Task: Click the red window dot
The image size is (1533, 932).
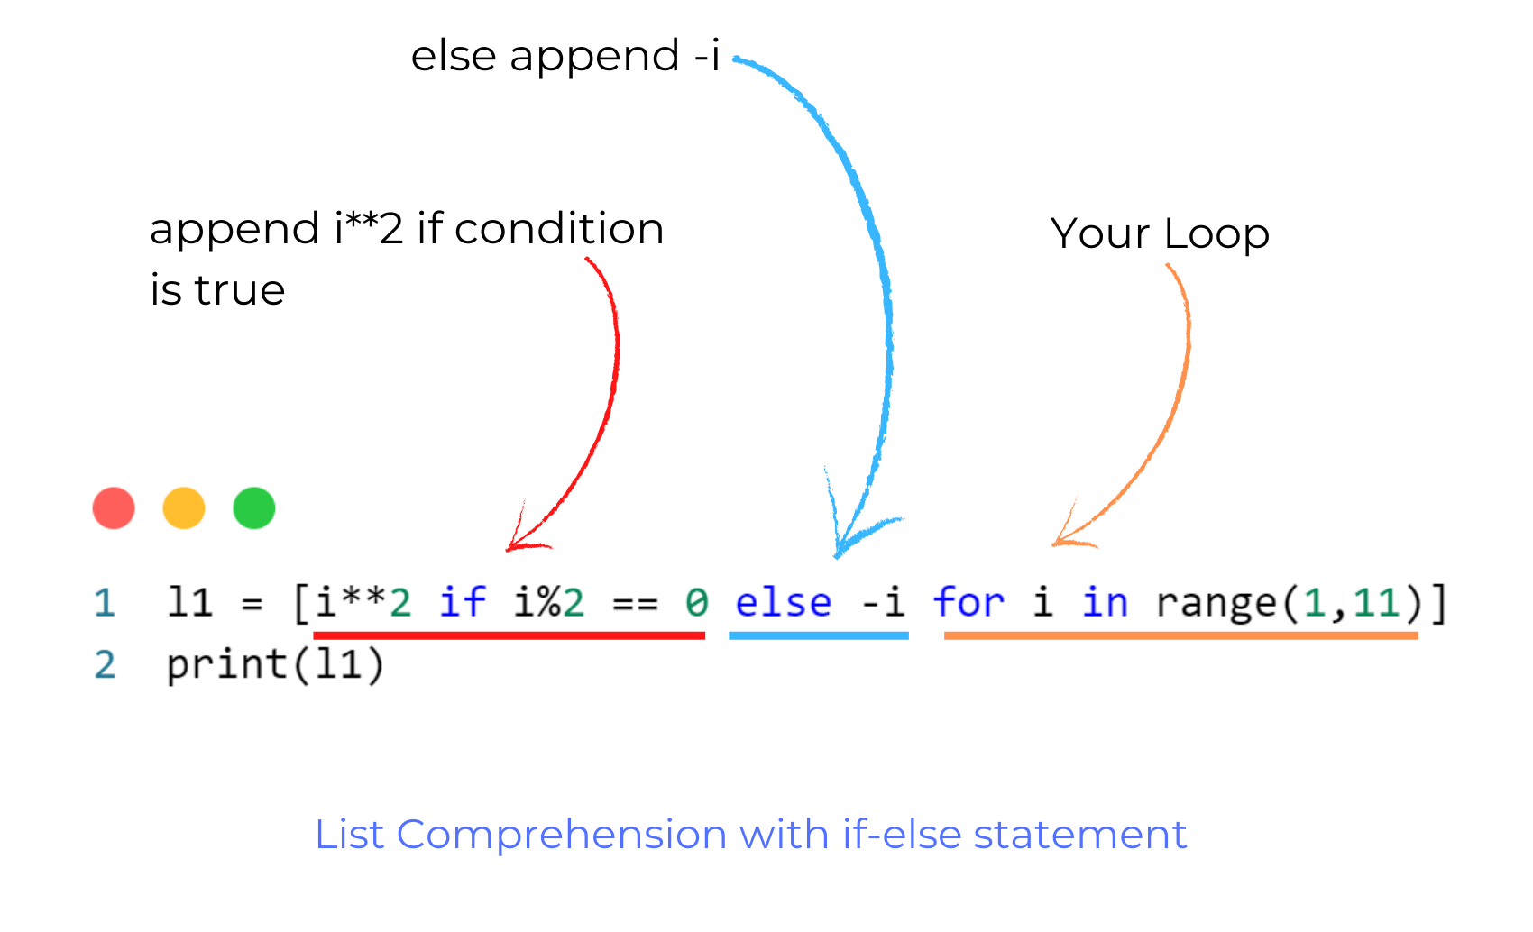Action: tap(114, 508)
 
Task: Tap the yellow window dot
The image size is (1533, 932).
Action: tap(184, 508)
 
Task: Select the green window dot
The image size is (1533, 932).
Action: tap(254, 508)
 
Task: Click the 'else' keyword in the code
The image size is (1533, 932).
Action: tap(783, 602)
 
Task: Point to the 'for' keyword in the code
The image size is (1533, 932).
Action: tap(968, 602)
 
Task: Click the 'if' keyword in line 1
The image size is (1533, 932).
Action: tap(463, 602)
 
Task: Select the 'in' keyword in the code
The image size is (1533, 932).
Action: tap(1105, 602)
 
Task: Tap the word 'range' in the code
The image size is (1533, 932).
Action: tap(1216, 602)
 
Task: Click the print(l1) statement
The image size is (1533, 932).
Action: tap(275, 665)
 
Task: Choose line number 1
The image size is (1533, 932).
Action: tap(105, 603)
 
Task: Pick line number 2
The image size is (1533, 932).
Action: tap(105, 665)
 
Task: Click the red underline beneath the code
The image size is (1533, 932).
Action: tap(509, 635)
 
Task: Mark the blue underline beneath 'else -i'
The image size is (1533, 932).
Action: tap(819, 635)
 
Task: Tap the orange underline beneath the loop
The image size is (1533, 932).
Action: tap(1180, 635)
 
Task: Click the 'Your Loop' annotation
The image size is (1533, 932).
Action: tap(1160, 233)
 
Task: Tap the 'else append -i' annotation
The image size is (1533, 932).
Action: tap(565, 56)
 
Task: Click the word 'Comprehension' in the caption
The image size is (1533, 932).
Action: tap(561, 835)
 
